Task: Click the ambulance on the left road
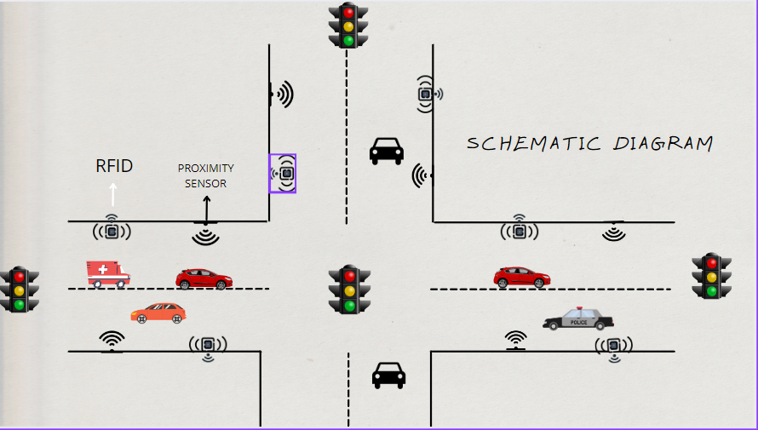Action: (x=107, y=273)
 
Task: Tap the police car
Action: (x=578, y=319)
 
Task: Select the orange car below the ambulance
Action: (x=158, y=312)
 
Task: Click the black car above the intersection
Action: (x=386, y=151)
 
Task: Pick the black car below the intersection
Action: (x=388, y=375)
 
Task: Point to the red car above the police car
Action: (x=521, y=277)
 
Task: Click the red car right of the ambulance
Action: (x=204, y=278)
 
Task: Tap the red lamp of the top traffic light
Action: (x=347, y=13)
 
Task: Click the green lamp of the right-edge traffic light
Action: (x=711, y=292)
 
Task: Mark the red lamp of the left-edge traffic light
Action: (x=19, y=277)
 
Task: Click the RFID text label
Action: (x=114, y=166)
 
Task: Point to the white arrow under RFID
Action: (x=113, y=194)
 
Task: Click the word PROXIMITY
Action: (x=205, y=169)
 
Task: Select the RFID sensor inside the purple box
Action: (x=283, y=174)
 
